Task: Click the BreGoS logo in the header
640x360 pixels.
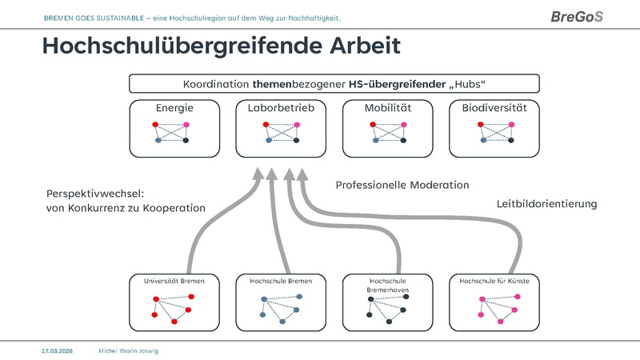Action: (577, 17)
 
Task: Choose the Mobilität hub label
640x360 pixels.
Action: (388, 108)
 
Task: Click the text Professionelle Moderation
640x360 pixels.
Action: (402, 185)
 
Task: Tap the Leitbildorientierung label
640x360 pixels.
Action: (547, 204)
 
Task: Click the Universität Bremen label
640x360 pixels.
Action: (174, 282)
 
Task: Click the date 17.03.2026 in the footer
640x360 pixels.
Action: (58, 350)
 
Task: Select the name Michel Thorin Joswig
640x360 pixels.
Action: (129, 350)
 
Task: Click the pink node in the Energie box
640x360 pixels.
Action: (186, 124)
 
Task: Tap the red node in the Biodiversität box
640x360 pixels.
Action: (479, 124)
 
